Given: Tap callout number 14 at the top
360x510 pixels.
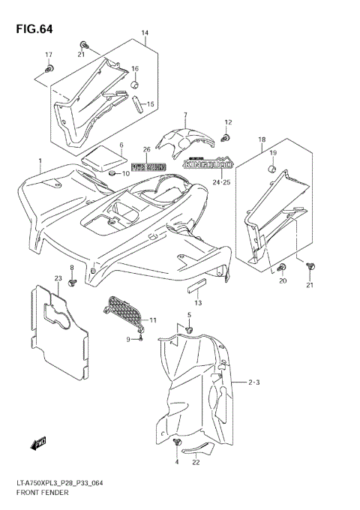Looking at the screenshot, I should (145, 34).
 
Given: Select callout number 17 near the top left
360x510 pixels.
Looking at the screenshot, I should (49, 55).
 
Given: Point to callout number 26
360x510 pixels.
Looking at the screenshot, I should (147, 149).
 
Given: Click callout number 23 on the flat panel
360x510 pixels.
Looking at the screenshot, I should (57, 278).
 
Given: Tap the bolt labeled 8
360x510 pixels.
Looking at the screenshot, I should (73, 282).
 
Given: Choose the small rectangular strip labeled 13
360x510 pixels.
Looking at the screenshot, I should (196, 286).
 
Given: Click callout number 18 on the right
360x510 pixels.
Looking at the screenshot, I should (262, 139).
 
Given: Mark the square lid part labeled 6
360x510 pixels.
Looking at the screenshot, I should (103, 159).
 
